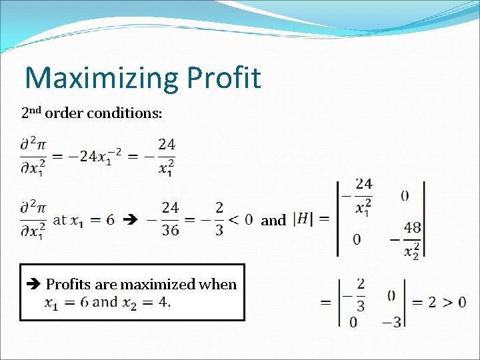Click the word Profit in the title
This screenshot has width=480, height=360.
(x=223, y=77)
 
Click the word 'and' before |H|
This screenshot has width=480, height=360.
(x=273, y=220)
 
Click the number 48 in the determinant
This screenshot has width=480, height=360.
(x=412, y=227)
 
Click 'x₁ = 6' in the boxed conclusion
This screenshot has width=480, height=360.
(x=67, y=303)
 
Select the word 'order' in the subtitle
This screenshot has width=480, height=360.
(x=66, y=113)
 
